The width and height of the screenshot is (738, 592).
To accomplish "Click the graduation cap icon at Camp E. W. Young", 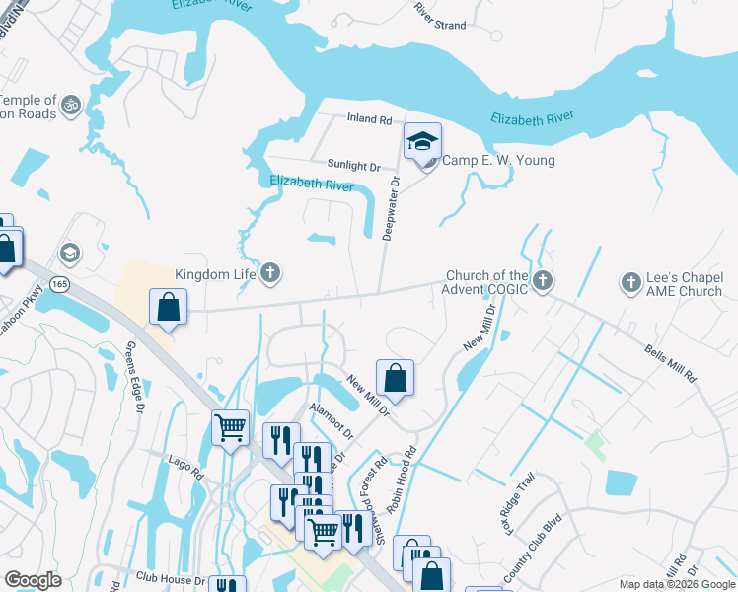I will coord(422,142).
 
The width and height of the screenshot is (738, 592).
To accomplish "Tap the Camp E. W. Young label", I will coord(497,161).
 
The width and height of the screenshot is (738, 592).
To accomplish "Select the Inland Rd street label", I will coord(370,119).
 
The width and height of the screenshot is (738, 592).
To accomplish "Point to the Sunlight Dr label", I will coord(354,167).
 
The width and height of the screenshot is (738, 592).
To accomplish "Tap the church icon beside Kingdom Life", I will coord(269,274).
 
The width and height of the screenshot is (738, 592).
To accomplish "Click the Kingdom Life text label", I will coord(214,275).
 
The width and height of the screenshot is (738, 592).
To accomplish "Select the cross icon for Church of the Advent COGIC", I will coord(542,283).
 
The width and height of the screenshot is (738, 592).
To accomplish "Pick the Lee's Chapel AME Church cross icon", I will coord(631,283).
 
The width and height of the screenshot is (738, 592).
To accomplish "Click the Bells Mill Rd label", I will coord(671,363).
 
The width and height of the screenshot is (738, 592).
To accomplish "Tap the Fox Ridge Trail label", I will coord(522,499).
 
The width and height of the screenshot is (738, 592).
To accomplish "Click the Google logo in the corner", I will coord(33,580).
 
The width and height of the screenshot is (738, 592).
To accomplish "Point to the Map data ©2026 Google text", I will coord(675,584).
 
